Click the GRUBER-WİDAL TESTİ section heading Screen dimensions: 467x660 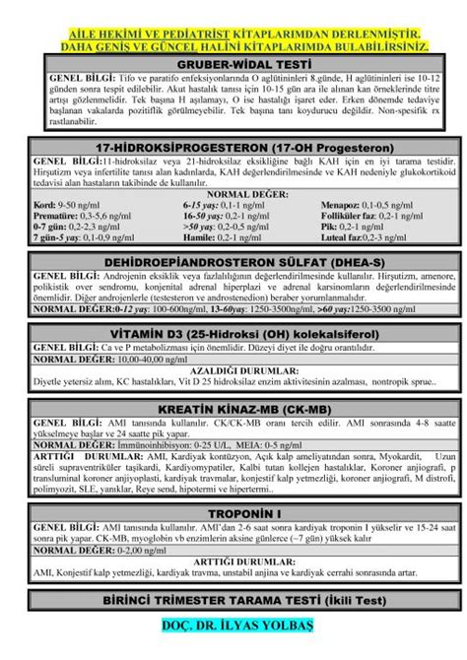point(233,62)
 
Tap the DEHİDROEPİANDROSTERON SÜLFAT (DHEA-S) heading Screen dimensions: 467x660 point(233,263)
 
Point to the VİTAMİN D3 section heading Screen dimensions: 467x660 point(233,335)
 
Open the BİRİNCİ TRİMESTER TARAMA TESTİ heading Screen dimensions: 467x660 point(233,601)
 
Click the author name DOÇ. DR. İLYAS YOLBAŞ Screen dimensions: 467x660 point(233,627)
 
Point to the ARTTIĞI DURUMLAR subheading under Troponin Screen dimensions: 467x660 point(233,561)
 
